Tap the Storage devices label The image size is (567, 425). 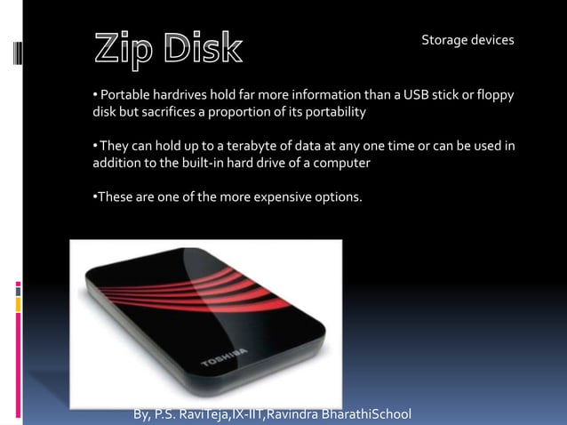pyautogui.click(x=467, y=40)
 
